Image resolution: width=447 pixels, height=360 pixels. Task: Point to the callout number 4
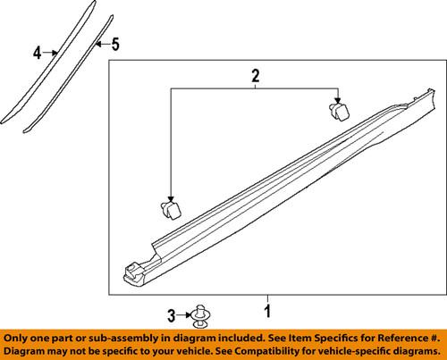(38, 54)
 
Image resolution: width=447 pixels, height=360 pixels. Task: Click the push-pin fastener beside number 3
(203, 314)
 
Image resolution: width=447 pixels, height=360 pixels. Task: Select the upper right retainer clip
(337, 112)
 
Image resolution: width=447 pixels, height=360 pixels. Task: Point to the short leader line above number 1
(266, 300)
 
